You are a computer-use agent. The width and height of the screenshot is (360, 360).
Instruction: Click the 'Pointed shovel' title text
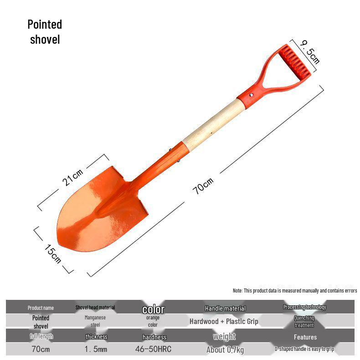45,31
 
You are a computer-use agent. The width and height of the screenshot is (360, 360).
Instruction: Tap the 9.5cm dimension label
310,51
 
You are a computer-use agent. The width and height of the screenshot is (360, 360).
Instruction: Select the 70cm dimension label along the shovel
203,186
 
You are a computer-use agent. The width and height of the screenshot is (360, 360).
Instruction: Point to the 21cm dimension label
73,177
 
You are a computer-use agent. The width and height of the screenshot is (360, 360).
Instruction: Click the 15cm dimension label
53,253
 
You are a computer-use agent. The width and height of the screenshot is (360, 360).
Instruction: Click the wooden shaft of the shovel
211,123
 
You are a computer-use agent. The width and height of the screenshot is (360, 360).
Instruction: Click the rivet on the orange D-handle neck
251,95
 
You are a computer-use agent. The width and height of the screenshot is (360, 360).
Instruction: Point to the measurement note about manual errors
294,290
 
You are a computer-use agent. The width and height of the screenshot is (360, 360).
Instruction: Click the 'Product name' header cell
41,308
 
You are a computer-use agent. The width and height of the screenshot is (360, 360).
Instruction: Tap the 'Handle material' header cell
225,309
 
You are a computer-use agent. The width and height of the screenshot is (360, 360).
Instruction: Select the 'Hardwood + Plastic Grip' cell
224,321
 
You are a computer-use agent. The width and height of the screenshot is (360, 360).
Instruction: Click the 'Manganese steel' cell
95,321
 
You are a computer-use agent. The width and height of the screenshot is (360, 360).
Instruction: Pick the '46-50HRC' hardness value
153,350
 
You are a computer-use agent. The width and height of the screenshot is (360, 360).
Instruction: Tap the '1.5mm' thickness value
96,350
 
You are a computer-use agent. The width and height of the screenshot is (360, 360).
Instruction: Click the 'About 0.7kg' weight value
225,350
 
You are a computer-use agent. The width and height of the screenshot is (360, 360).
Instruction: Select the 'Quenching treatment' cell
304,322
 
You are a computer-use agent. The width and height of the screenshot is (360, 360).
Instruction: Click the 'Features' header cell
305,337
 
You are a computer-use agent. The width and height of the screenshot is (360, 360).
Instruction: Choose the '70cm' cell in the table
41,350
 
